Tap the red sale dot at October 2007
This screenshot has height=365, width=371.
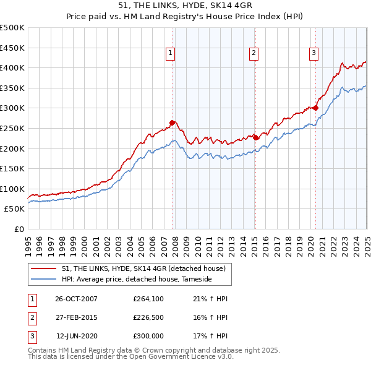[x=172, y=122]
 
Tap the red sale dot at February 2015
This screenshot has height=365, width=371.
[x=255, y=137]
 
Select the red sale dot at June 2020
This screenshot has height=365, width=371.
[x=315, y=108]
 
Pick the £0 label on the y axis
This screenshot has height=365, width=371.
[x=19, y=229]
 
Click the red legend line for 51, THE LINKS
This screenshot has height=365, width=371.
[x=43, y=268]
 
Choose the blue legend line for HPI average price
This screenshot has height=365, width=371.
[x=43, y=280]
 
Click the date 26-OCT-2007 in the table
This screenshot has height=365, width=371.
[x=76, y=298]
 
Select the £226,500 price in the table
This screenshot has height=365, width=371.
[x=148, y=317]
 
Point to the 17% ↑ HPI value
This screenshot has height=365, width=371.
[x=212, y=336]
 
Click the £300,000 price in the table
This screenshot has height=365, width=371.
[x=148, y=336]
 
